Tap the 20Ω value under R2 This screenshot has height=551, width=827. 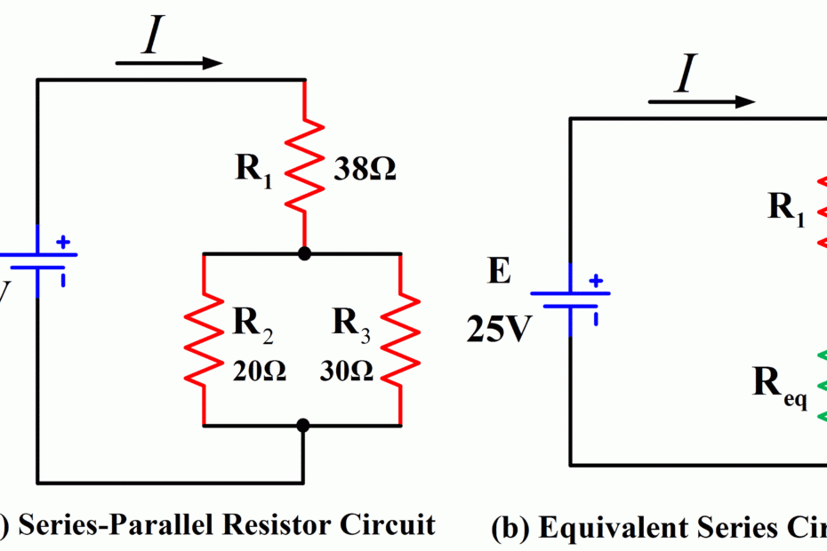coord(259,371)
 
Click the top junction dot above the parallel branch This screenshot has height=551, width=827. coord(304,254)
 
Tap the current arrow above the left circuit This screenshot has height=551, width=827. coord(169,63)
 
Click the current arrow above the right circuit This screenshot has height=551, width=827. coord(703,101)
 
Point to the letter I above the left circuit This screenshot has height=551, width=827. coord(152,40)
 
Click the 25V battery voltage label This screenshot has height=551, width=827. coord(497,330)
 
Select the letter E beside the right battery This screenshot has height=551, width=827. coord(499,273)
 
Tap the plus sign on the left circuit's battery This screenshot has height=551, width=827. coord(63,241)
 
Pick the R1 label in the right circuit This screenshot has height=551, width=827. coord(786,208)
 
